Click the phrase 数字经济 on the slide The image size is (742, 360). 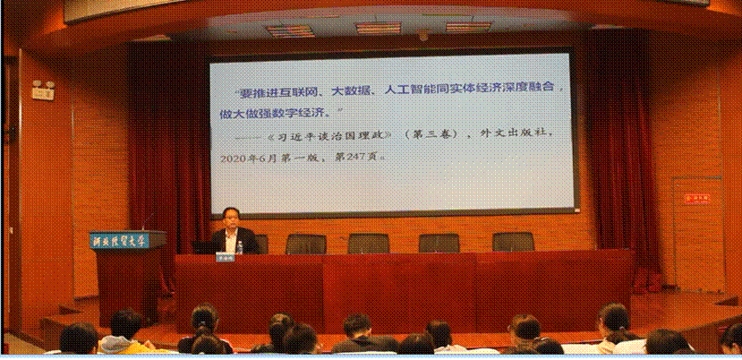point(300,113)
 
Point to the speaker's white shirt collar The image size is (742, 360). point(232,230)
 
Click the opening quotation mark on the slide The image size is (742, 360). point(235,90)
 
